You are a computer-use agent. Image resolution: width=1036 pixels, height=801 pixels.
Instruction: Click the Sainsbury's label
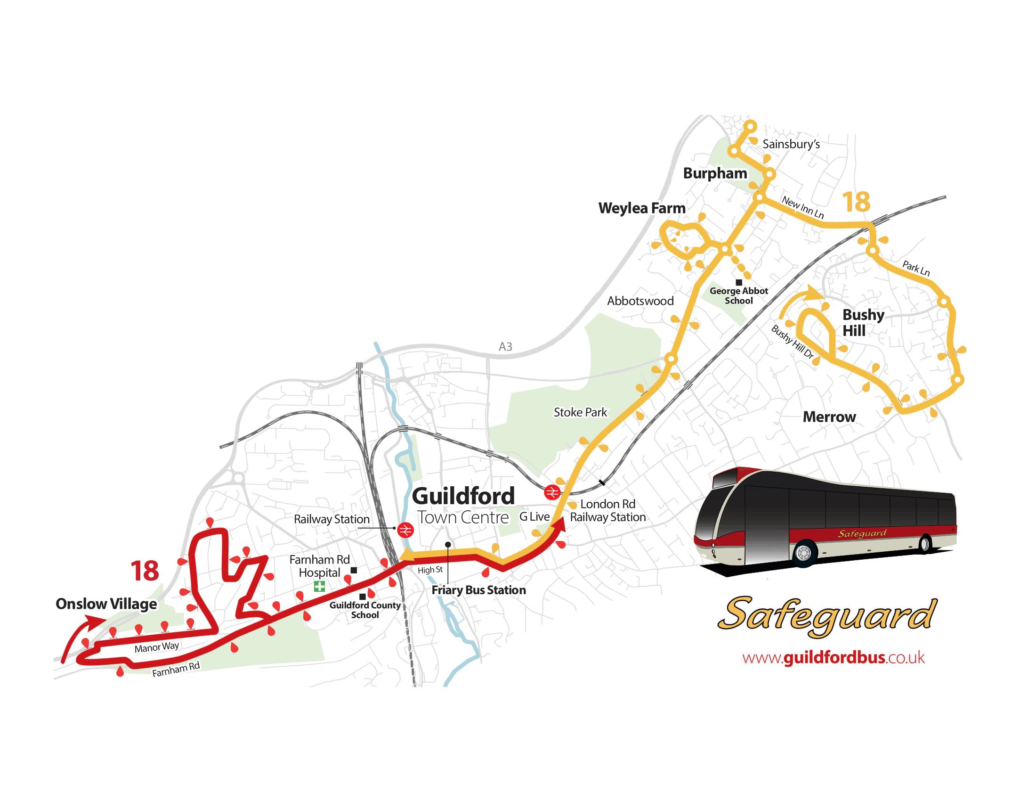pyautogui.click(x=791, y=144)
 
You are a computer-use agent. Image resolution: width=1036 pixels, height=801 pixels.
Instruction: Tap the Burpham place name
pyautogui.click(x=715, y=173)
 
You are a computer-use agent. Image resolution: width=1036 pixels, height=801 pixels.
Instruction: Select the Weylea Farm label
pyautogui.click(x=642, y=208)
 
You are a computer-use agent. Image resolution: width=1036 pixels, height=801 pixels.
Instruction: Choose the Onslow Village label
pyautogui.click(x=106, y=604)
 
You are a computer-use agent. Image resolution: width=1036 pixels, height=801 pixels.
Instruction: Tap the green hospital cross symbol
pyautogui.click(x=319, y=587)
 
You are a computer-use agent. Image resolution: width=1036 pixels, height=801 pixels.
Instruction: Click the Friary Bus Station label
pyautogui.click(x=478, y=590)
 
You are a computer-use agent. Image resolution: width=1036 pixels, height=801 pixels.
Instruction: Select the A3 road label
pyautogui.click(x=505, y=347)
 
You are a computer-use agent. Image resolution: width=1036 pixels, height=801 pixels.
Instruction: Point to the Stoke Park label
pyautogui.click(x=580, y=412)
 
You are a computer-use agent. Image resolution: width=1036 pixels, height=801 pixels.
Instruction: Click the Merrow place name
pyautogui.click(x=829, y=417)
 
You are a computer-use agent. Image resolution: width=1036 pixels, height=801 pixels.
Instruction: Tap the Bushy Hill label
pyautogui.click(x=863, y=323)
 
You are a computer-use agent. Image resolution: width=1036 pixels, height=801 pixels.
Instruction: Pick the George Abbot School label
pyautogui.click(x=738, y=295)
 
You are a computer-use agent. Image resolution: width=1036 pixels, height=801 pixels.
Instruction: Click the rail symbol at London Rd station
pyautogui.click(x=552, y=492)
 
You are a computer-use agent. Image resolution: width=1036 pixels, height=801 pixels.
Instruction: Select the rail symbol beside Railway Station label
pyautogui.click(x=405, y=530)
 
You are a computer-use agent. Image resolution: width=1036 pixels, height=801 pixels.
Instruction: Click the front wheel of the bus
pyautogui.click(x=804, y=552)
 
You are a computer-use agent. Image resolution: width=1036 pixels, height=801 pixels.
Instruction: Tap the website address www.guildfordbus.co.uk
pyautogui.click(x=834, y=657)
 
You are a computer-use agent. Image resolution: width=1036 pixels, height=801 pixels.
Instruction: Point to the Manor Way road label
pyautogui.click(x=156, y=647)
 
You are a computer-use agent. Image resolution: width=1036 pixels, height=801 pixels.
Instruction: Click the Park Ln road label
pyautogui.click(x=915, y=268)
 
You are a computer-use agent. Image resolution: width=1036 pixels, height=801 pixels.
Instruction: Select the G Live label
pyautogui.click(x=534, y=516)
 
